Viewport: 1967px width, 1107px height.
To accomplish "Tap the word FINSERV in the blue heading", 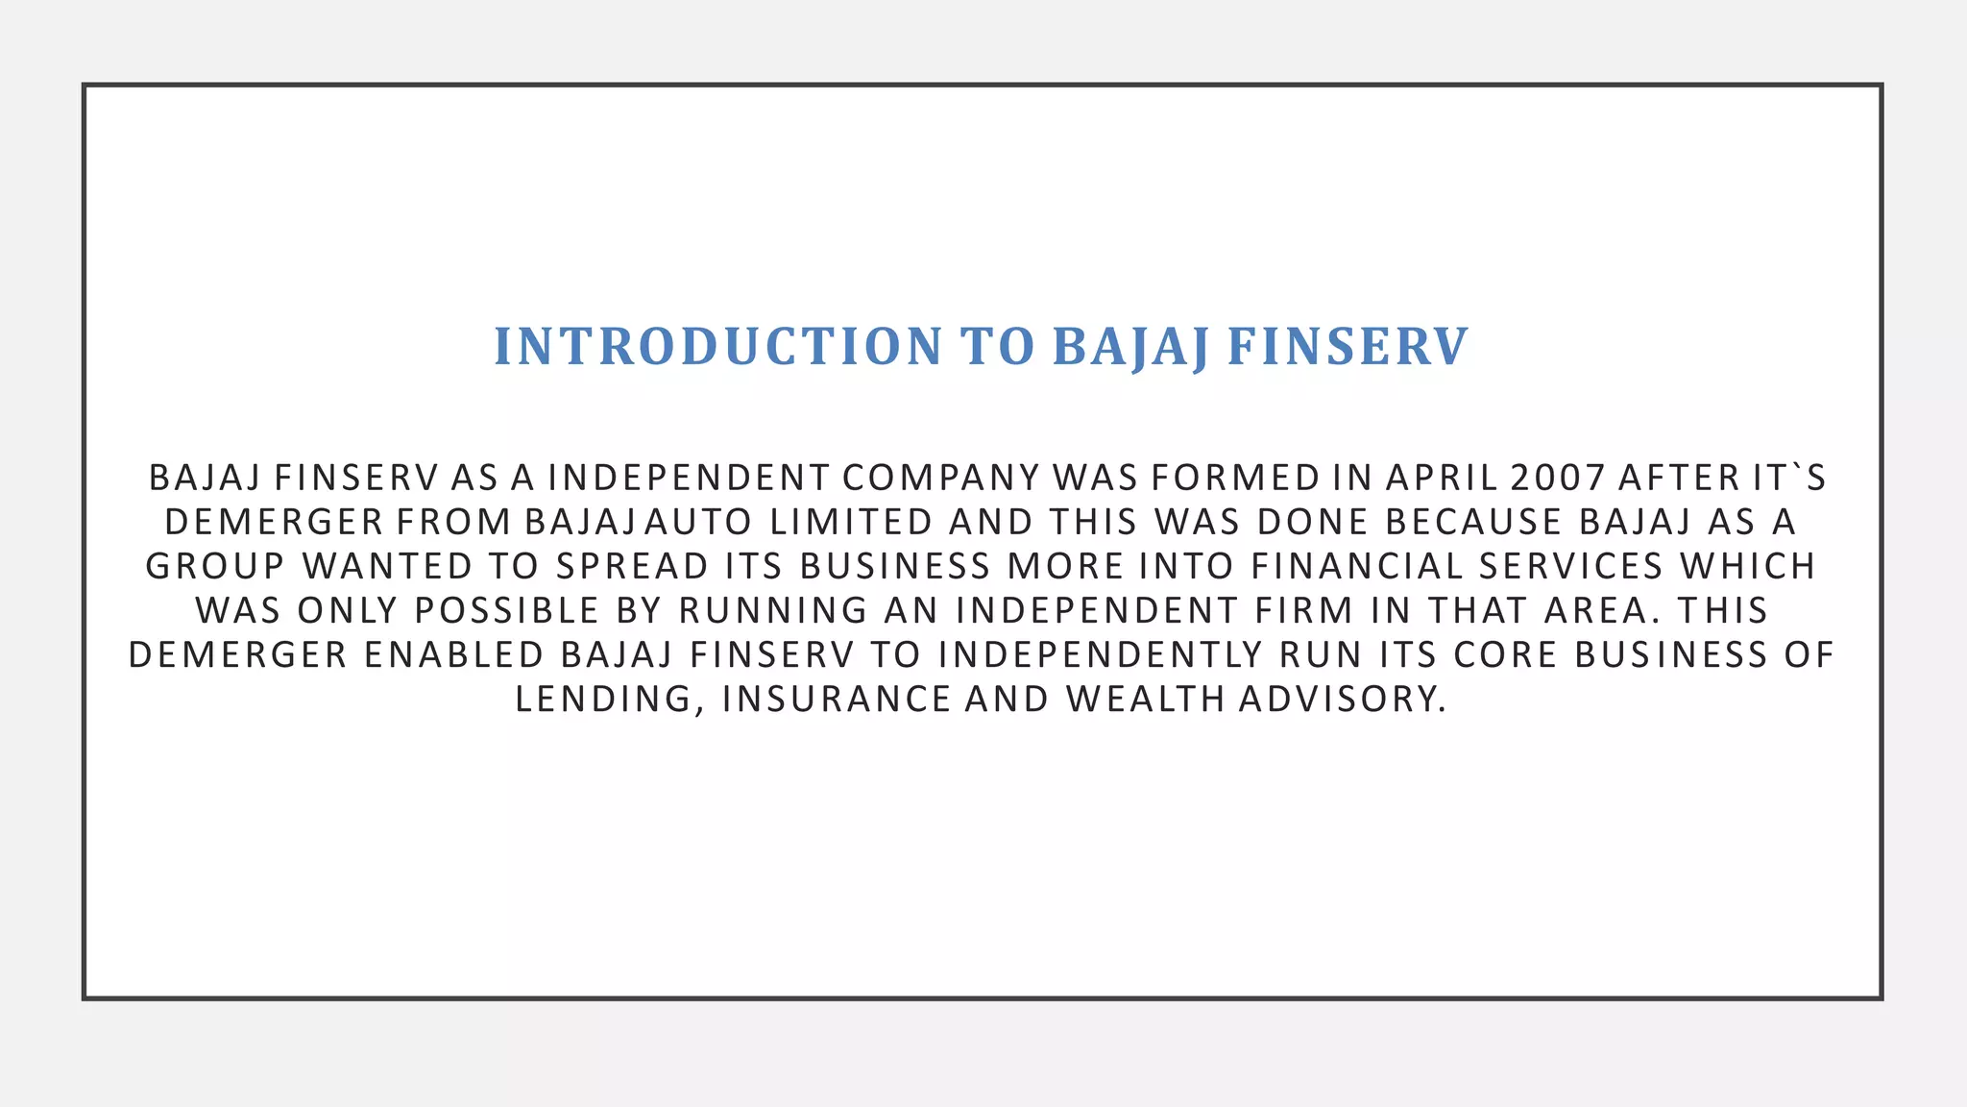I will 1348,347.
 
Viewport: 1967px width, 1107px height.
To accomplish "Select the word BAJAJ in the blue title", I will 1130,347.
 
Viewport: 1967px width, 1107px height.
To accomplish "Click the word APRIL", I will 1442,478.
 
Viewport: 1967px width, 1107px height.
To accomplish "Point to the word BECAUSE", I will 1474,522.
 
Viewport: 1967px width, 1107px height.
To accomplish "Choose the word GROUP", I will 215,566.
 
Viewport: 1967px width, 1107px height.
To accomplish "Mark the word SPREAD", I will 632,566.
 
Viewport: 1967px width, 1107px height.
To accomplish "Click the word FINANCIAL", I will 1357,566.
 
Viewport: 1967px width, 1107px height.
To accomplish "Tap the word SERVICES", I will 1570,566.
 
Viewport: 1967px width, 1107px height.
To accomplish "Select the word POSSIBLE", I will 507,610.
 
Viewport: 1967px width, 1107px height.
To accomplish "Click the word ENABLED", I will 454,654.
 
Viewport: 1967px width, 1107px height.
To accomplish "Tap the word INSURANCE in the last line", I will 836,699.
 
